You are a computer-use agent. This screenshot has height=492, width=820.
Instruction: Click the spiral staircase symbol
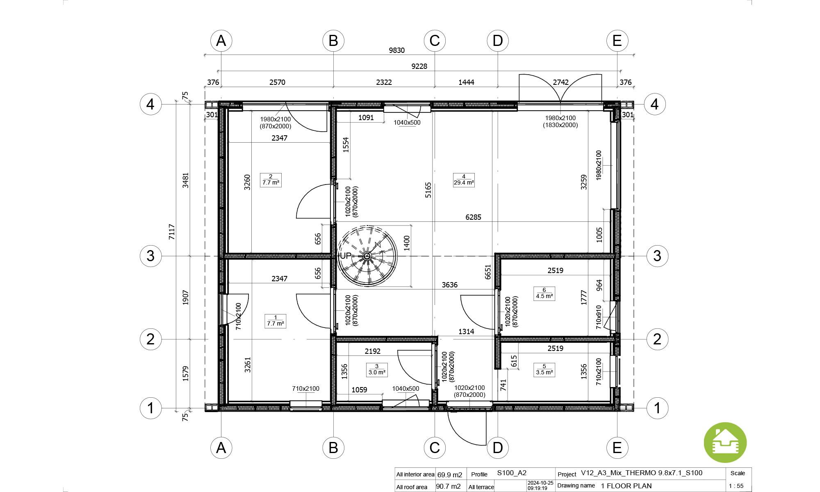pos(367,256)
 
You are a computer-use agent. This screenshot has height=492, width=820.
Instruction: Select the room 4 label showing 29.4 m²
pos(464,180)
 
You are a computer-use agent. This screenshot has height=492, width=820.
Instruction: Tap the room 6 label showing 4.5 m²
pos(544,294)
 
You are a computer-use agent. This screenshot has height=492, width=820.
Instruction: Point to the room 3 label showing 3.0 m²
pos(377,370)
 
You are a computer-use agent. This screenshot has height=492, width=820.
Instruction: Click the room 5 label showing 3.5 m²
pos(544,370)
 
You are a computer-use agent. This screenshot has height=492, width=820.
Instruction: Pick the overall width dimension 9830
pos(396,50)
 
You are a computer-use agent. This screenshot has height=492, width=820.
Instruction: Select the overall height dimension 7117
pos(172,232)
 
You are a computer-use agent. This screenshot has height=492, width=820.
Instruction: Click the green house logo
pos(725,443)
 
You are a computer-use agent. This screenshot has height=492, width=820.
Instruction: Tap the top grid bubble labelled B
pos(333,41)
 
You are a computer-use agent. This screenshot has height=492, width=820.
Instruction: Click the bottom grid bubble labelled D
pos(498,448)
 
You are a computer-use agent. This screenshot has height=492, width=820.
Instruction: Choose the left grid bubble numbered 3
pos(151,256)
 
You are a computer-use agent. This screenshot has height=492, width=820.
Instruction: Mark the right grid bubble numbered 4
pos(655,104)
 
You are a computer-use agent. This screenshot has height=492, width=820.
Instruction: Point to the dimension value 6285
pos(473,217)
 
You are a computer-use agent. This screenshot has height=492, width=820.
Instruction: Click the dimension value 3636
pos(449,285)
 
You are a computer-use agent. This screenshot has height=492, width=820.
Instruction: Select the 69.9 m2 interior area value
pos(449,475)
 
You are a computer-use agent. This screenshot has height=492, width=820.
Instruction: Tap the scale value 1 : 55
pos(736,486)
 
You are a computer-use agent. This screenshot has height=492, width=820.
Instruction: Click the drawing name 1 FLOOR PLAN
pos(626,486)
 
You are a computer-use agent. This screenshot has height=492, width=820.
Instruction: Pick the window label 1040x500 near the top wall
pos(407,123)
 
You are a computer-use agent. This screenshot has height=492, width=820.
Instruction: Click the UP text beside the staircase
pos(345,256)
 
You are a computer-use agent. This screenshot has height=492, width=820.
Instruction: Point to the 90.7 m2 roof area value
pos(448,487)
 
